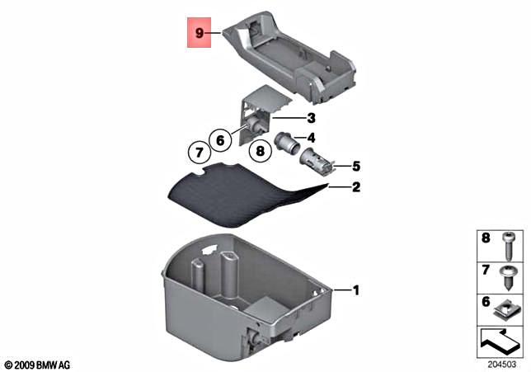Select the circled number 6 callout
click(220, 140)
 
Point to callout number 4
click(312, 138)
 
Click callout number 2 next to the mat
click(356, 188)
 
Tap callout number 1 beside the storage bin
click(356, 290)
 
